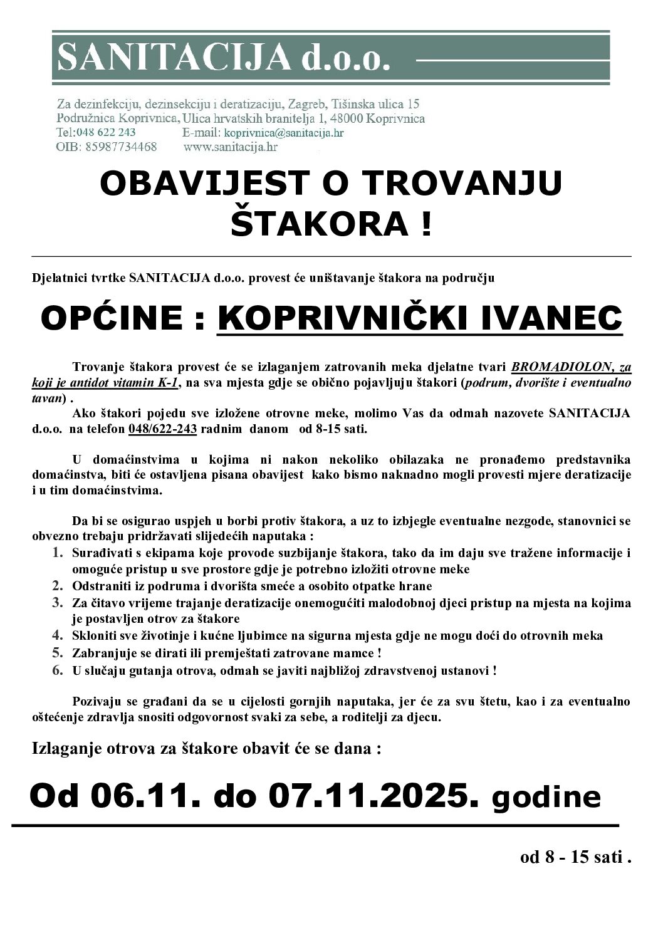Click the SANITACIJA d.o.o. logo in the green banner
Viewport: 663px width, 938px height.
[x=224, y=58]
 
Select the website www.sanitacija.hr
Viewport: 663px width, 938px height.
[x=230, y=147]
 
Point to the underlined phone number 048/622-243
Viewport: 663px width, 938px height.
[x=162, y=430]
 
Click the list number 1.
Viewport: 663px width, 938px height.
[x=57, y=553]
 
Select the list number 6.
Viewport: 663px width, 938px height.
[x=57, y=670]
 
